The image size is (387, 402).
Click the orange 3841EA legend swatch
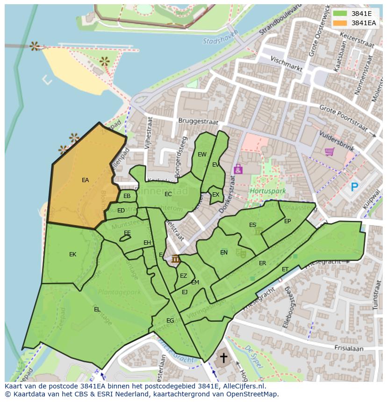point(340,23)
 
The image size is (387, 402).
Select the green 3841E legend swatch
point(340,14)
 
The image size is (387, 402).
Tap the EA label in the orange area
point(85,180)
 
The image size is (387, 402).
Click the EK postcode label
point(72,254)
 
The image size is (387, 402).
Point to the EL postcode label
point(97,309)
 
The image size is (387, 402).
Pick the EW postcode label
point(202,155)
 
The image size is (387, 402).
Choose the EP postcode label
point(287,221)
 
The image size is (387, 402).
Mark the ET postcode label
point(285,269)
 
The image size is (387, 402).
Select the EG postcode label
point(170,320)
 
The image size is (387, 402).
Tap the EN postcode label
point(224,253)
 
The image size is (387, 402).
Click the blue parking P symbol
point(355,187)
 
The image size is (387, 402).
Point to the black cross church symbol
point(224,358)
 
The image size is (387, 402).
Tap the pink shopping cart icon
point(330,152)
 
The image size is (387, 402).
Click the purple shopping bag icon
point(238,169)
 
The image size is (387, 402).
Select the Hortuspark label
point(261,191)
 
